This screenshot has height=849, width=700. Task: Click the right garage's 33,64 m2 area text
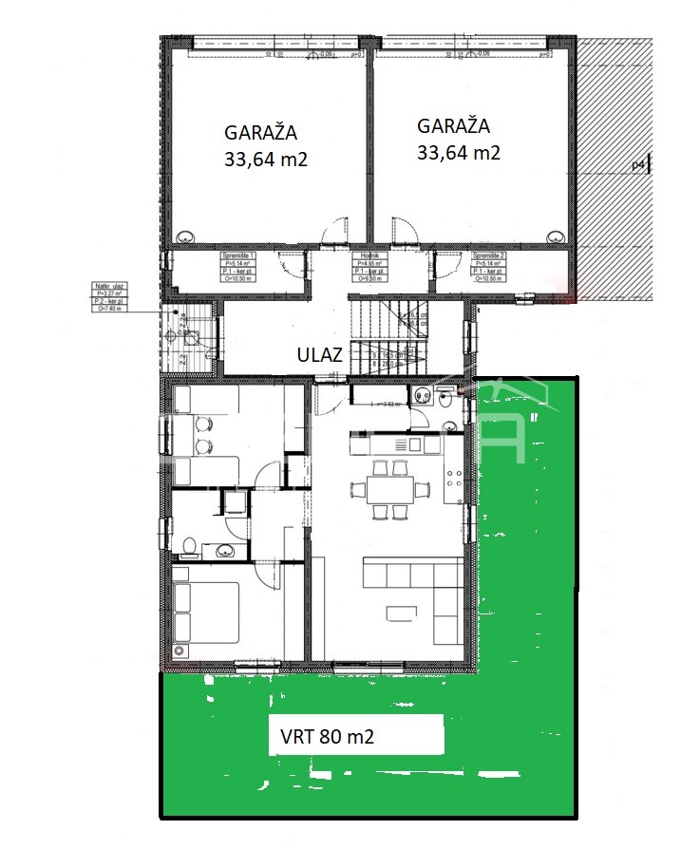pos(459,152)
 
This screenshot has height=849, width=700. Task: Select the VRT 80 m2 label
pos(328,736)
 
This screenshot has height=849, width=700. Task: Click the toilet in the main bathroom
pos(190,546)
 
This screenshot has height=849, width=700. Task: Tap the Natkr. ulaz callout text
pos(112,296)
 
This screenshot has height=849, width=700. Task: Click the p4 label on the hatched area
pos(638,165)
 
